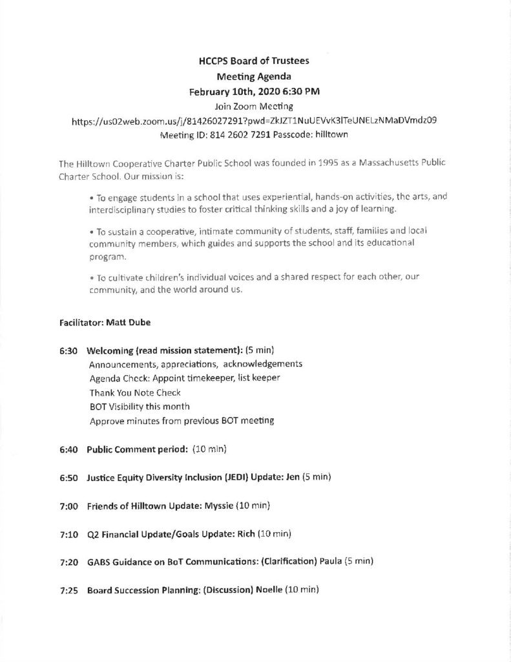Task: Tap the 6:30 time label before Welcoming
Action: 68,350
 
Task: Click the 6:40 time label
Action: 68,449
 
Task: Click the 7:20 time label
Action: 68,561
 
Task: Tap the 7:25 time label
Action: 68,590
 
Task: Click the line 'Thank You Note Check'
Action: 135,392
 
